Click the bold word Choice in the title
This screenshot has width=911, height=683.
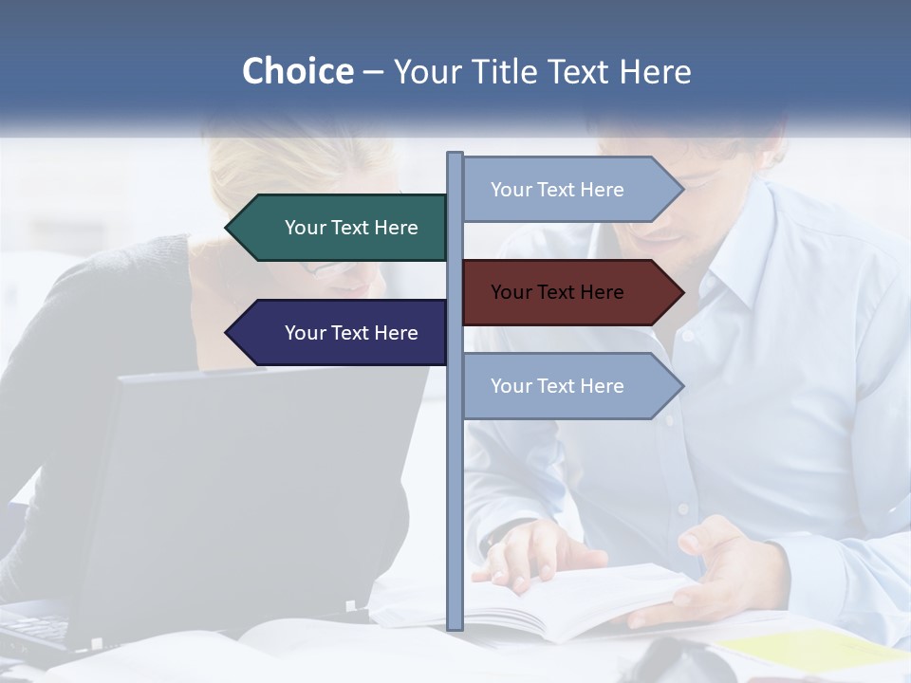pos(297,72)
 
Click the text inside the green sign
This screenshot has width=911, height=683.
pos(351,228)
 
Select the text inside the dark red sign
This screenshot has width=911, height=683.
pos(557,292)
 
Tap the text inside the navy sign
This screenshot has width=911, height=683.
pos(351,333)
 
